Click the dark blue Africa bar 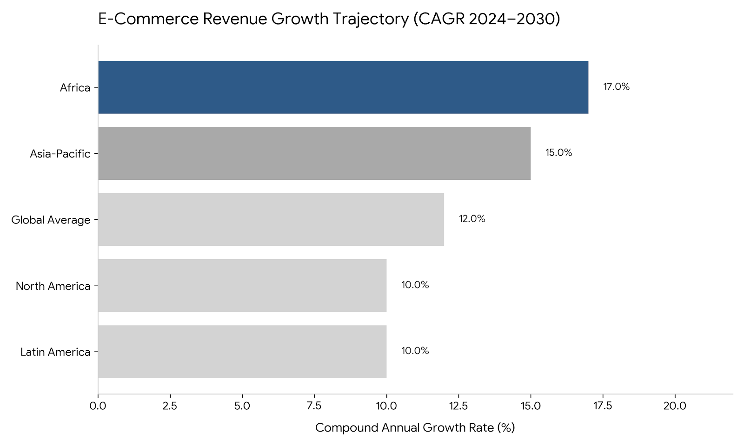[x=343, y=87]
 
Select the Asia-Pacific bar [x=314, y=153]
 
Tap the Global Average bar [x=271, y=219]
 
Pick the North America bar [x=242, y=285]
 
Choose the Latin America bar [x=242, y=351]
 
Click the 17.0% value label [x=616, y=87]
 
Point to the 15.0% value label [x=558, y=153]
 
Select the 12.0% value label [x=472, y=219]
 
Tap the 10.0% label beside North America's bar [x=415, y=285]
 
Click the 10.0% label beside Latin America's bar [x=415, y=351]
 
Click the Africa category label [x=75, y=87]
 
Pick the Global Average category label [x=51, y=220]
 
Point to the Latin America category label [x=55, y=352]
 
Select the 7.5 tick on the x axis [x=314, y=406]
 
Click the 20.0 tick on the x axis [x=675, y=406]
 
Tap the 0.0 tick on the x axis [x=98, y=406]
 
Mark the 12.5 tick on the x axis [x=458, y=406]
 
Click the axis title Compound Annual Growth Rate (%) [x=415, y=427]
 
